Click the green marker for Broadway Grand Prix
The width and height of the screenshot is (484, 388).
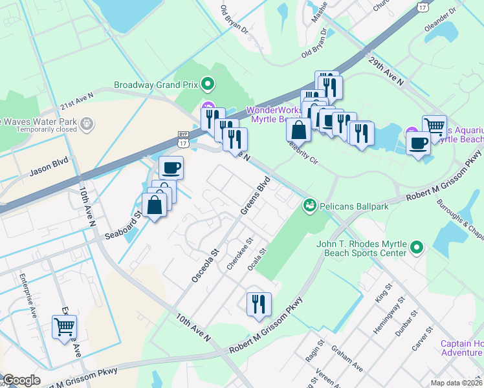(x=208, y=84)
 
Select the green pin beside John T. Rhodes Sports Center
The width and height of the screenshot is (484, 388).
(x=417, y=247)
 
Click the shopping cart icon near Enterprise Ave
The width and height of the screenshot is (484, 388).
(x=64, y=328)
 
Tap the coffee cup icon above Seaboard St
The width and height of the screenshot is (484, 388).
(x=171, y=168)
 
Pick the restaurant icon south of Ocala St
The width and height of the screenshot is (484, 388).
(x=259, y=304)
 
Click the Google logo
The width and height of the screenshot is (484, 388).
(x=21, y=380)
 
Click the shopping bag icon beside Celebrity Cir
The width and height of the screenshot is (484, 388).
(x=298, y=129)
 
